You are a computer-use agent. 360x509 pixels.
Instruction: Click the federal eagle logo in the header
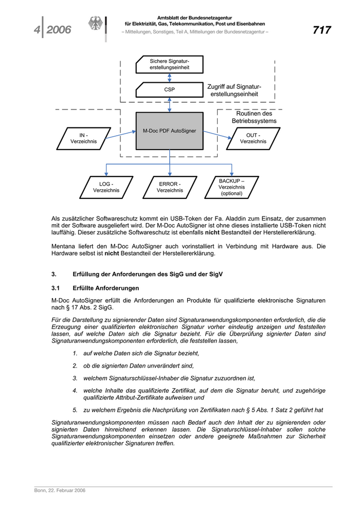click(x=96, y=25)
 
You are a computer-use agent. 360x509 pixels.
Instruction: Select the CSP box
click(x=170, y=89)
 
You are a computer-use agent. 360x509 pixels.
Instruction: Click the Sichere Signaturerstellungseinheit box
click(x=170, y=64)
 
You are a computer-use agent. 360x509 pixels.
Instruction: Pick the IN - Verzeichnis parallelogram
click(x=83, y=138)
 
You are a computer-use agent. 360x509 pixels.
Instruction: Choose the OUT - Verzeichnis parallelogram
click(x=253, y=138)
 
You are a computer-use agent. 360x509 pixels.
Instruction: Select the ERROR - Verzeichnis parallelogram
click(x=170, y=187)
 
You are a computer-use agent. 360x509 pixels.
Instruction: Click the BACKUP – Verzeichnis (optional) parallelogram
click(x=232, y=187)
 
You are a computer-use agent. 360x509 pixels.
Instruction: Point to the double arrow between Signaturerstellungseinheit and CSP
click(x=170, y=77)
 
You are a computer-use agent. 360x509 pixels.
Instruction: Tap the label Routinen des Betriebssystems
click(x=254, y=117)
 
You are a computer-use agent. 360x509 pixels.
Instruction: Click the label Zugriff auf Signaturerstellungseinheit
click(x=234, y=90)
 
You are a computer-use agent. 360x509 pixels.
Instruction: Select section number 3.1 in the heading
click(x=57, y=287)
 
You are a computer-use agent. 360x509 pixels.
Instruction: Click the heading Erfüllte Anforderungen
click(x=106, y=287)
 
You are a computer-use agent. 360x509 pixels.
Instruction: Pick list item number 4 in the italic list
click(x=75, y=391)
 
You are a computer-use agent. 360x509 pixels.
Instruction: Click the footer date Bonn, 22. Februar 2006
click(x=60, y=490)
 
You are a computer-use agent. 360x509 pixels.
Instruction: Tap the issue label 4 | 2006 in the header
click(x=53, y=30)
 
